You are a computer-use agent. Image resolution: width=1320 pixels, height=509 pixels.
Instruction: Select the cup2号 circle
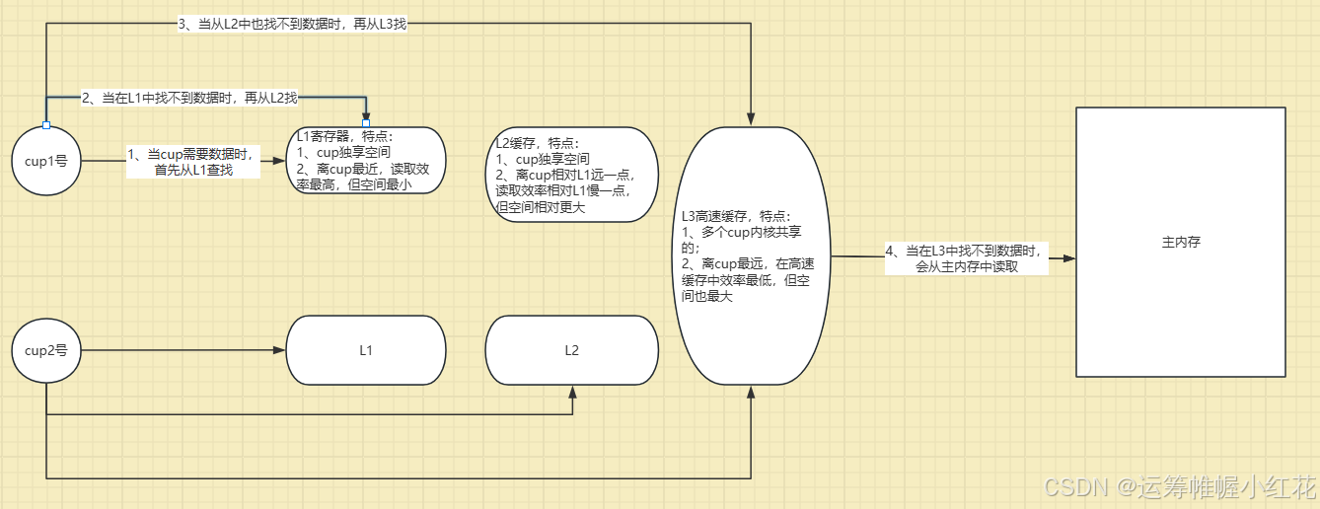tap(46, 350)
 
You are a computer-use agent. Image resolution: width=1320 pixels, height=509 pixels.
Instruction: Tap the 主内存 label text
tap(1180, 241)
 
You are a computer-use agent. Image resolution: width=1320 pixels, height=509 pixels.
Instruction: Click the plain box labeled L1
tap(365, 350)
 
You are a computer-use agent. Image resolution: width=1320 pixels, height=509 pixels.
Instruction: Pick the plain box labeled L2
tap(571, 350)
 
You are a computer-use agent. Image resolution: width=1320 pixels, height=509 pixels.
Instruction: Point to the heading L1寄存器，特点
tap(344, 137)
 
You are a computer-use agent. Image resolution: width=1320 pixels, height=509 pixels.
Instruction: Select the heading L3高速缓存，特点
tap(736, 216)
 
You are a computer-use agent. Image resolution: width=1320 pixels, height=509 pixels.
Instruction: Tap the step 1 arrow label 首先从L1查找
tap(193, 170)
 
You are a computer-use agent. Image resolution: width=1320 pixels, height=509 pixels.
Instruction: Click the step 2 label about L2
tap(189, 98)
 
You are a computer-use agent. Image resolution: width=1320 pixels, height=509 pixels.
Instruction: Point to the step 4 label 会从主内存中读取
tap(966, 266)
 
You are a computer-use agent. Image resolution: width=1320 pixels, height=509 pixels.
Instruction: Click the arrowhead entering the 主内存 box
tap(1068, 258)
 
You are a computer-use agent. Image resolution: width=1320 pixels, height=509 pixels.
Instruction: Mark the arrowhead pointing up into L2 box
tap(572, 392)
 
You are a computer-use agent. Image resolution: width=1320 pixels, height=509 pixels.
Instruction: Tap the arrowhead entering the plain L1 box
tap(278, 350)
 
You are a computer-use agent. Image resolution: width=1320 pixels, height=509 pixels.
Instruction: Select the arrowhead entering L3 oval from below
tap(751, 393)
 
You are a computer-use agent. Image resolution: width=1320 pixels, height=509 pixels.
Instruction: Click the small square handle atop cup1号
tap(46, 125)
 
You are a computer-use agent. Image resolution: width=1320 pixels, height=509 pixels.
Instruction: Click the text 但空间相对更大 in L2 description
tap(540, 206)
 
